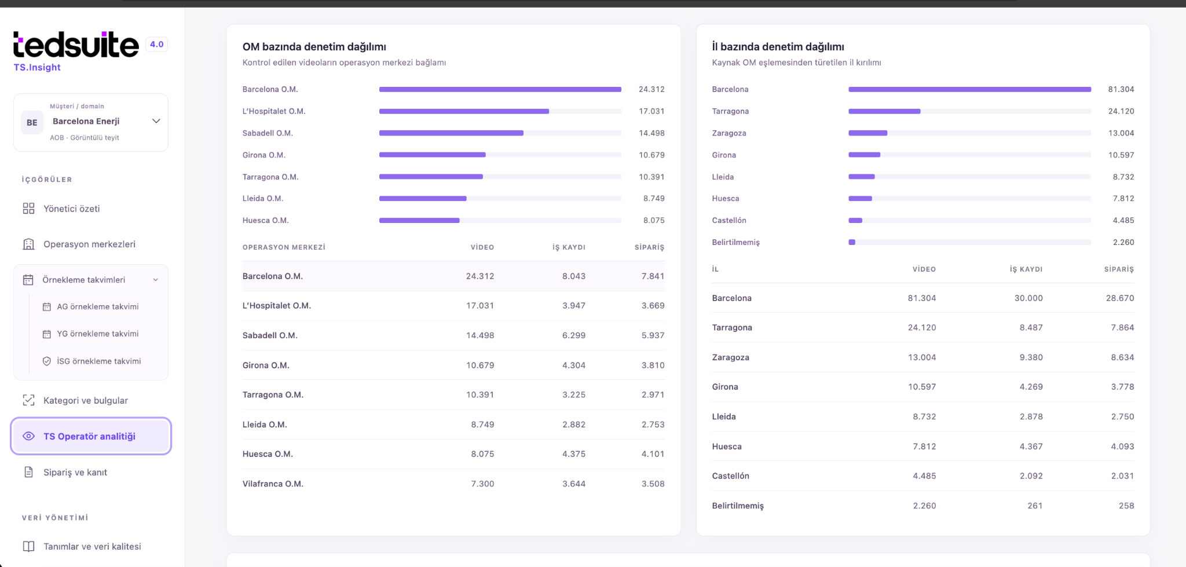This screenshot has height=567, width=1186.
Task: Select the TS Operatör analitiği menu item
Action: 91,436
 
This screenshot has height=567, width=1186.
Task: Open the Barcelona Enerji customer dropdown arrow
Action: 156,121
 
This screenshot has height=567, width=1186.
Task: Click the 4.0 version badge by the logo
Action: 156,44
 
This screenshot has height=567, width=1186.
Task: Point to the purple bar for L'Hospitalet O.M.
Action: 464,111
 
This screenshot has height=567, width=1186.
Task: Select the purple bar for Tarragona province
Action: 884,111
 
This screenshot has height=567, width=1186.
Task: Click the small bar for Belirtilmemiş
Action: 852,242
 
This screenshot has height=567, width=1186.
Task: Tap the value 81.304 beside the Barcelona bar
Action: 1121,89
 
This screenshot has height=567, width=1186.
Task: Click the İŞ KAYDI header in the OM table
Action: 569,247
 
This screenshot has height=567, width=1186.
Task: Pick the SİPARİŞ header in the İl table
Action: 1119,269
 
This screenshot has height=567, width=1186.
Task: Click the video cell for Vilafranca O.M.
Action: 482,484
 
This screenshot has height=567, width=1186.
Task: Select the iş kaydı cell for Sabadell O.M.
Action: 574,335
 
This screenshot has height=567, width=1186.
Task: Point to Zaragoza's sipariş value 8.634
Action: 1122,357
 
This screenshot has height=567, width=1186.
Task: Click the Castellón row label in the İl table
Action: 730,476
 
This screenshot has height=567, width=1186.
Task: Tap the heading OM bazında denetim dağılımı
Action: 314,47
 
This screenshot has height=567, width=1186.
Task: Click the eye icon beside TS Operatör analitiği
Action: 28,436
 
